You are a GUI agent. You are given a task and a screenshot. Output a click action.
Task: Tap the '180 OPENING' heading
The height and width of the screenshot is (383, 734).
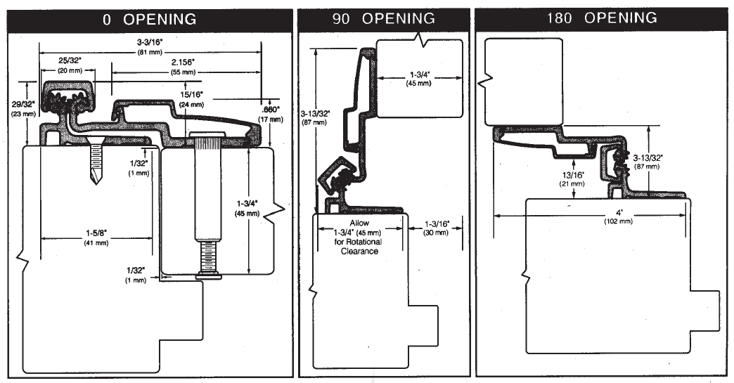pos(601,18)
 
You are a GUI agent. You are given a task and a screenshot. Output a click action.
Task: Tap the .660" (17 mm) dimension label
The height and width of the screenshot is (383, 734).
pos(270,114)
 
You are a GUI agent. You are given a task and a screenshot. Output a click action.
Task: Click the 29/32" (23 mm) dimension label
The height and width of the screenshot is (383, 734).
pos(24,109)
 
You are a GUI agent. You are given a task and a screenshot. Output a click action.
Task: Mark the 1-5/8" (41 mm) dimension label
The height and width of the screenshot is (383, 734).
pos(96,238)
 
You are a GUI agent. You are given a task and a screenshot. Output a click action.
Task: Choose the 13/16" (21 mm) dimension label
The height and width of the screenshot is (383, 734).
pos(573,178)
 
